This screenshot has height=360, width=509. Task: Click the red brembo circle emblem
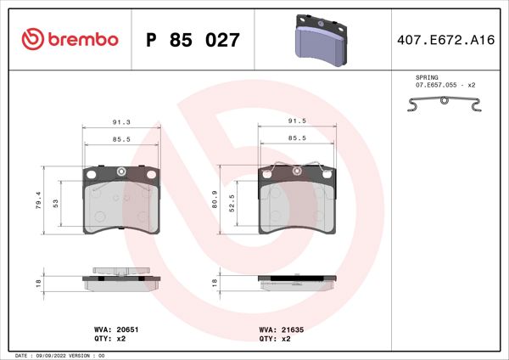31,39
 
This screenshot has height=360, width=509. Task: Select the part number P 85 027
193,40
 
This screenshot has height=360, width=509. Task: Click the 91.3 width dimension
121,122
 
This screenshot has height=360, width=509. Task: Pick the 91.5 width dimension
297,122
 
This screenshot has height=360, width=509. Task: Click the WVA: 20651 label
109,327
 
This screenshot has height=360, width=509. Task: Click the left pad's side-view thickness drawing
121,279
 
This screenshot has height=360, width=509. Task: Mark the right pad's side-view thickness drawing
296,281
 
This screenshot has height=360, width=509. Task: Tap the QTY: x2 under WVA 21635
275,337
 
